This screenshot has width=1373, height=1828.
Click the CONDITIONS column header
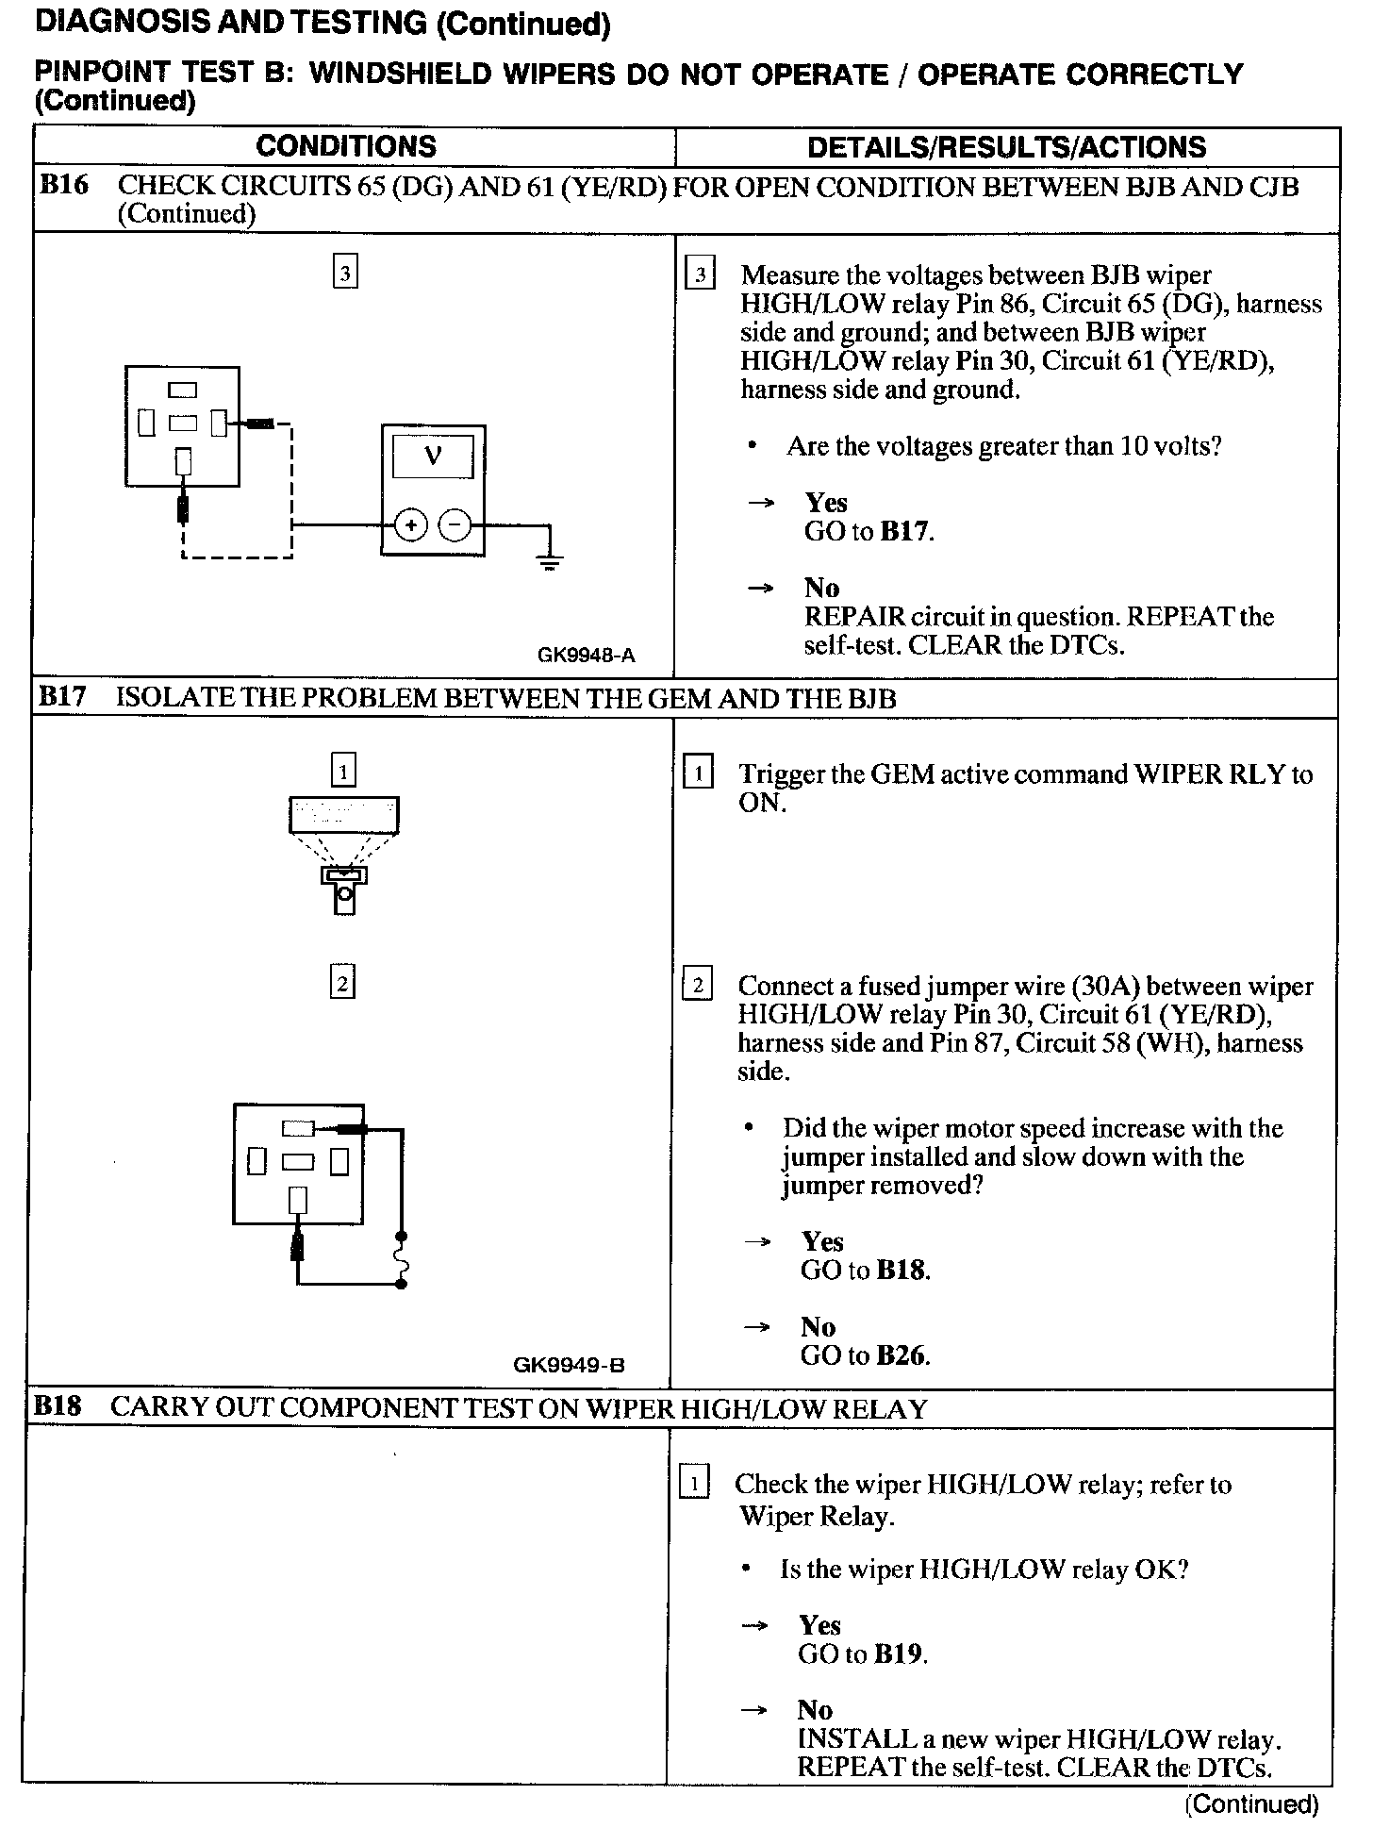coord(346,146)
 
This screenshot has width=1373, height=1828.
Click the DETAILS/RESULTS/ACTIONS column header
coord(1006,147)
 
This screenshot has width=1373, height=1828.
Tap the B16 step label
coord(63,185)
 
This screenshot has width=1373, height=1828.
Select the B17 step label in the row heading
coord(61,698)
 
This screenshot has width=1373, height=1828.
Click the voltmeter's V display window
coord(433,457)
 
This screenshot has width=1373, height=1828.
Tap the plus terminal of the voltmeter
coord(410,525)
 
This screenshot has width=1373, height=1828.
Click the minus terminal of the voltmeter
coord(455,525)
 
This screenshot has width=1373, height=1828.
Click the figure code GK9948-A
coord(586,655)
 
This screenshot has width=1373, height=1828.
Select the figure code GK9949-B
coord(569,1364)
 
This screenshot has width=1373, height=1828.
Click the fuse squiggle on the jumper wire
coord(402,1259)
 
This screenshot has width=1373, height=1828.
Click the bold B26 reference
coord(902,1355)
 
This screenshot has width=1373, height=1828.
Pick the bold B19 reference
coord(899,1654)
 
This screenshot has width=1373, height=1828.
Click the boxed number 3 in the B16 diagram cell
coord(345,274)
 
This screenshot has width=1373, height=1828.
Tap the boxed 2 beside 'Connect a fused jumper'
coord(697,987)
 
